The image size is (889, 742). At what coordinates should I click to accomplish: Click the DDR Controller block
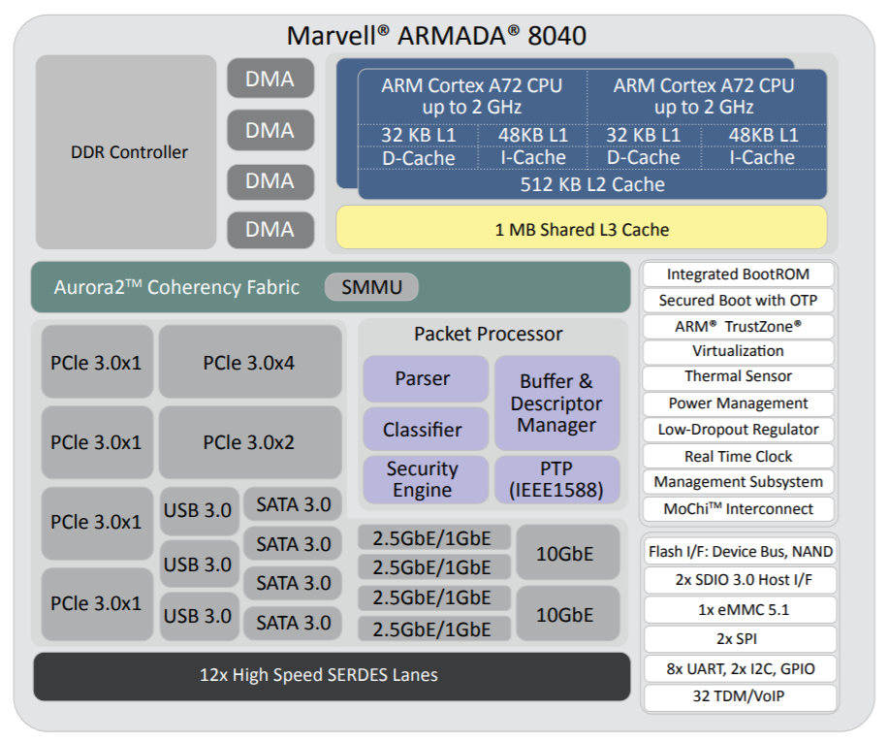tap(126, 152)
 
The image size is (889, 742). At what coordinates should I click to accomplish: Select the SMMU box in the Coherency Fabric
tap(371, 287)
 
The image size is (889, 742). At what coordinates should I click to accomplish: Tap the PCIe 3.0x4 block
tap(250, 362)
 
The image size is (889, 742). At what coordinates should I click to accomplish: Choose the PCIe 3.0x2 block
tap(250, 442)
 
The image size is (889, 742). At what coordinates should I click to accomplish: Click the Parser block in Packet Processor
tap(426, 379)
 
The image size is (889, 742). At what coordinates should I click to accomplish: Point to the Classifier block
tap(426, 429)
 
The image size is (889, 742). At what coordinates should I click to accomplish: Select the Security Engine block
tap(426, 479)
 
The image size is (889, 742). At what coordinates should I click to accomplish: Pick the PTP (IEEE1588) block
tap(556, 479)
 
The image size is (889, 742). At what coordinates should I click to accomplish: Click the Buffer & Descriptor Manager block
tap(556, 403)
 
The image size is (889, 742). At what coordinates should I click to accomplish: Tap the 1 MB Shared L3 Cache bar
tap(582, 228)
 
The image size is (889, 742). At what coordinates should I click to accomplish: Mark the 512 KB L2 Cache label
tap(592, 184)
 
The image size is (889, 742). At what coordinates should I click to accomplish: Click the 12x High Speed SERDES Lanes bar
tap(332, 676)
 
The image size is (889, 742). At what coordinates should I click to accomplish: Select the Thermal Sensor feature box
tap(738, 376)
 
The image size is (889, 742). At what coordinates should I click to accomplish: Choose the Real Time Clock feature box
tap(738, 456)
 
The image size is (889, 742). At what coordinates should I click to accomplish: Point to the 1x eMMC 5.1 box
tap(741, 610)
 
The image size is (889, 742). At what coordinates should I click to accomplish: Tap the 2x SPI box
tap(741, 639)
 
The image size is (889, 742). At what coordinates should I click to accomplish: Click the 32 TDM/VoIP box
tap(741, 697)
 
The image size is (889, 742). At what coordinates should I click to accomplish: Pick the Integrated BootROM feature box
tap(738, 274)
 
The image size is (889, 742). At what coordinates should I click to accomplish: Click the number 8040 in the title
tap(556, 36)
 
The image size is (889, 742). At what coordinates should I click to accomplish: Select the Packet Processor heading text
tap(489, 334)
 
